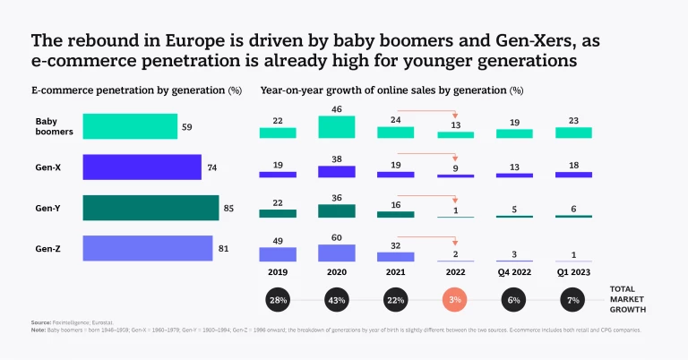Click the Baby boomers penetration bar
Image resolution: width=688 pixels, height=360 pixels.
(130, 126)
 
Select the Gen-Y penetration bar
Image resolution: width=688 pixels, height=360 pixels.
(150, 208)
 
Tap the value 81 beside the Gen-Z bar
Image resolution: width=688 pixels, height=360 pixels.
(222, 248)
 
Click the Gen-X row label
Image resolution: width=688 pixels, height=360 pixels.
(47, 167)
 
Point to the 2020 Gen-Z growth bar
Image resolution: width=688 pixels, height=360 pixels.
(336, 253)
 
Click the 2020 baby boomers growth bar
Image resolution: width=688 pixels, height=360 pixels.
(336, 126)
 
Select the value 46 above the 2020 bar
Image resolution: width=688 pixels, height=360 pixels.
(336, 108)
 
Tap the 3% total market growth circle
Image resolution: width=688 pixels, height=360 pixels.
(455, 299)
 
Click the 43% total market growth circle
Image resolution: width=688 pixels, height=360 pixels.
(336, 299)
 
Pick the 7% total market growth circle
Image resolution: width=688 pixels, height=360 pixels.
(573, 299)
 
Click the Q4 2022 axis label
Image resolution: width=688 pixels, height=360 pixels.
(514, 271)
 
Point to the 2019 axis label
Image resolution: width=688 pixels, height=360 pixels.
(277, 271)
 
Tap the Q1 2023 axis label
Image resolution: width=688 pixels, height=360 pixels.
(573, 271)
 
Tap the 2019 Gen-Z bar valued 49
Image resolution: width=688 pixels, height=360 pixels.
(277, 254)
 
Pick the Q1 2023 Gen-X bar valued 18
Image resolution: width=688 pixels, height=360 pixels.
(573, 175)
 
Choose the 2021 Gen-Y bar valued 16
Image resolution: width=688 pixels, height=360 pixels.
(395, 215)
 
